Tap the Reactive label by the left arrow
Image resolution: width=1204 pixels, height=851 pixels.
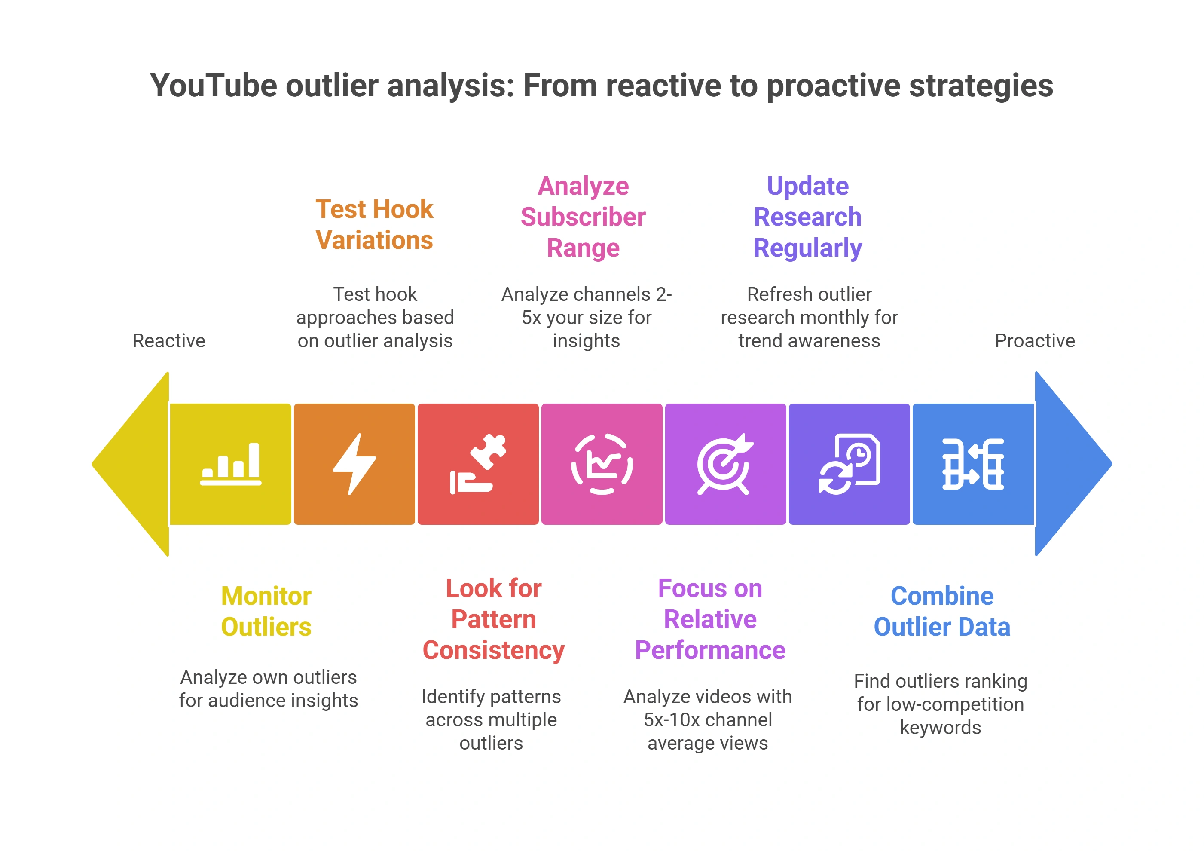tap(169, 340)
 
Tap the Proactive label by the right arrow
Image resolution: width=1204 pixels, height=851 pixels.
tap(1035, 340)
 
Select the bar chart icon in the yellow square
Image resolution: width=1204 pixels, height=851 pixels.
tap(231, 464)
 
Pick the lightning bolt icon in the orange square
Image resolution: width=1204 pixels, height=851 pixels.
tap(354, 464)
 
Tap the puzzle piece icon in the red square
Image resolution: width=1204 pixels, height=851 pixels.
tap(478, 464)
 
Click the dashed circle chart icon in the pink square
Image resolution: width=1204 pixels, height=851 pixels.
tap(602, 464)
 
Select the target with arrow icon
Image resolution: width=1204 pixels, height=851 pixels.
tap(725, 464)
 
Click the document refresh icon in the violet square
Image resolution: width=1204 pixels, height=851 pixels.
tap(849, 464)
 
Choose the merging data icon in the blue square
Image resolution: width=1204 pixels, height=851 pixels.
tap(973, 464)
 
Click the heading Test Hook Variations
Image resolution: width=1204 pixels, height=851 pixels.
tap(374, 224)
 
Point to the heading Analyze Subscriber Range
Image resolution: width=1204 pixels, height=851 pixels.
tap(583, 217)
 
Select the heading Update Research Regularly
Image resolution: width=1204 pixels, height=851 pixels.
tap(807, 217)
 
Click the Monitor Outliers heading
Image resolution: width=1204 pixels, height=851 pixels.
tap(266, 611)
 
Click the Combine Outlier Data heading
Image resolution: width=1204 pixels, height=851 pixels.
tap(942, 611)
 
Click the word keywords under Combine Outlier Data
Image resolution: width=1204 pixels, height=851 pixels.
tap(940, 728)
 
